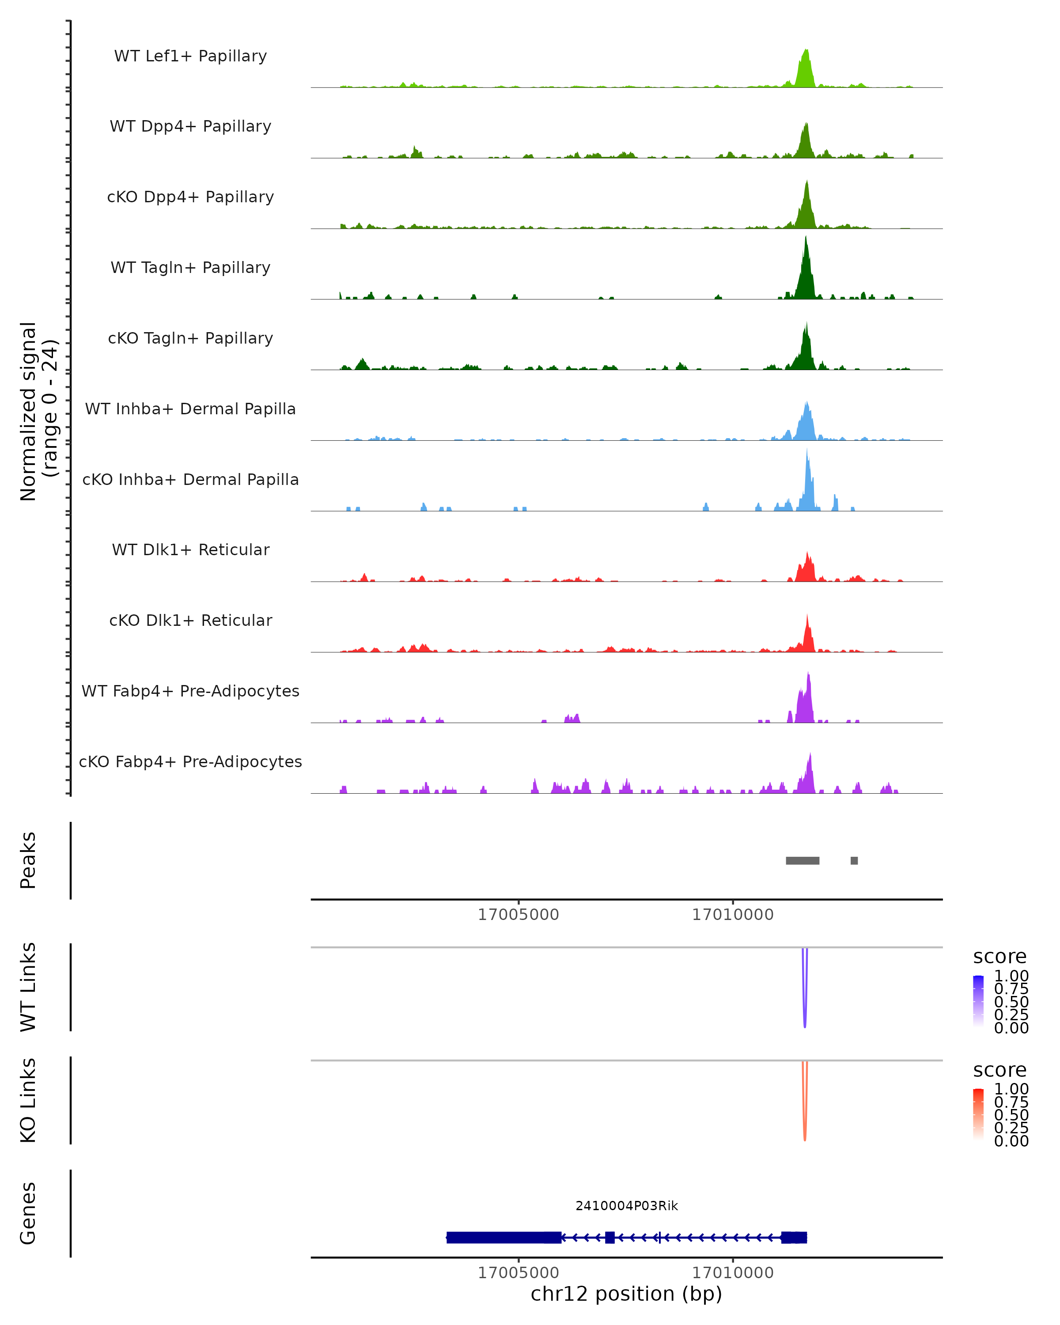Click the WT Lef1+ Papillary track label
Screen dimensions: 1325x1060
coord(190,56)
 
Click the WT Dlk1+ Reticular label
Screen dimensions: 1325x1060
coord(190,549)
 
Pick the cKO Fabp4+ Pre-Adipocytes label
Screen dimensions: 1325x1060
coord(190,761)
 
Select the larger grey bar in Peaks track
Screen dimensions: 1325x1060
coord(803,860)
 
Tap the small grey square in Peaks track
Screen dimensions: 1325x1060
coord(854,860)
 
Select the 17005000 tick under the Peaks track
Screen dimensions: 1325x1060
coord(519,915)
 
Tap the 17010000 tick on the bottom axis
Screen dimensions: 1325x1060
coord(732,1273)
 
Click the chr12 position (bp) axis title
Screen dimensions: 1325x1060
coord(626,1294)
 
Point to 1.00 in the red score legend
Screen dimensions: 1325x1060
coord(1011,1089)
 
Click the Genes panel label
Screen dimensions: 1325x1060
coord(28,1213)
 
